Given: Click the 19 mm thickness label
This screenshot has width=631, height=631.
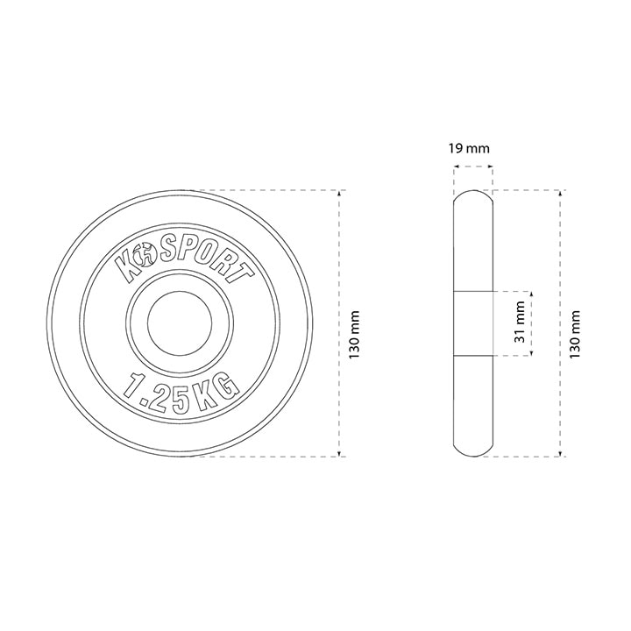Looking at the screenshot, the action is [469, 148].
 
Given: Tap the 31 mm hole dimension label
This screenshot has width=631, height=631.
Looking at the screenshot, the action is [520, 322].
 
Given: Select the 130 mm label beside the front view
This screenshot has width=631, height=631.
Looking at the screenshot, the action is [354, 335].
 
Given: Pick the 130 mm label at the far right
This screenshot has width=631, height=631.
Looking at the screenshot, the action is [575, 335].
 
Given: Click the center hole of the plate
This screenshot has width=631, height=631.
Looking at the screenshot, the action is [180, 323].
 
